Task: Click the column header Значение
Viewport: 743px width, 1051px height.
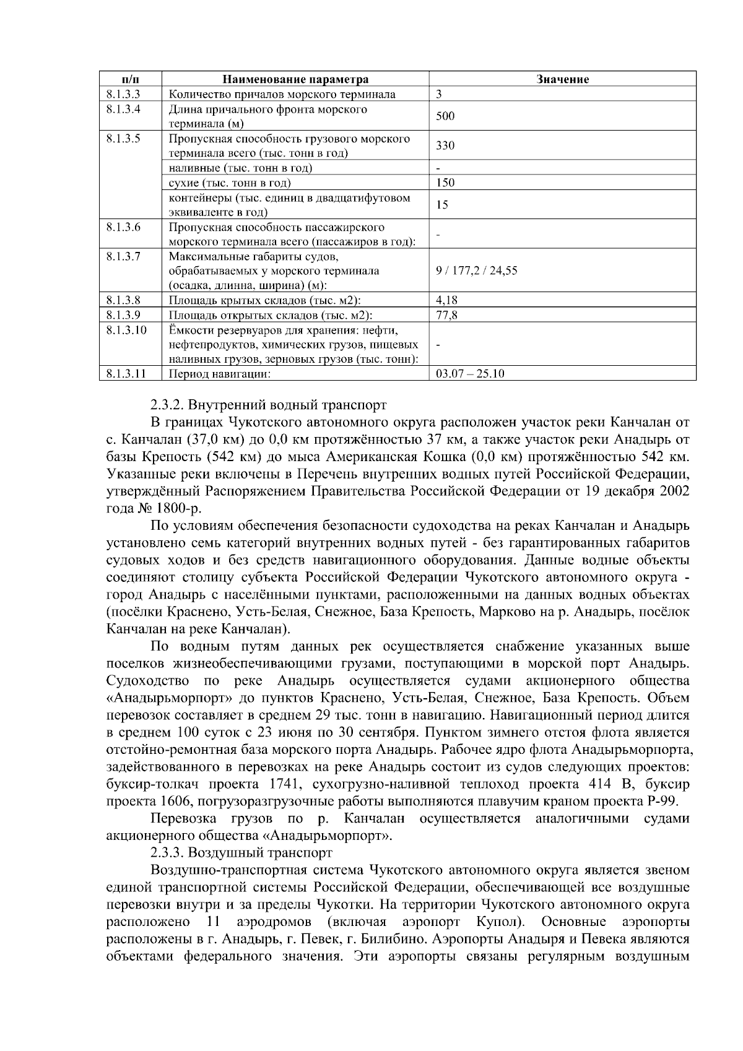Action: click(562, 79)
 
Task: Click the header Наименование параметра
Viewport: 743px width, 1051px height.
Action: click(295, 79)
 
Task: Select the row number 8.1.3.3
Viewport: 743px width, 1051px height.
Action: click(124, 94)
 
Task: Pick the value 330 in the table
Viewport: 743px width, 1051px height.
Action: click(445, 146)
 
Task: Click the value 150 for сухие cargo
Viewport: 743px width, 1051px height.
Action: click(445, 183)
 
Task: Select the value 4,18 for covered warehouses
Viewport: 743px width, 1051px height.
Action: click(446, 300)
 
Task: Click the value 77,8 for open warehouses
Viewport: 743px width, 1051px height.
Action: click(446, 315)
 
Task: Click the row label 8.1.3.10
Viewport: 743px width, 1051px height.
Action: click(126, 330)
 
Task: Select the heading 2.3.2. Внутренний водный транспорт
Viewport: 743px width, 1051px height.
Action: click(268, 406)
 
